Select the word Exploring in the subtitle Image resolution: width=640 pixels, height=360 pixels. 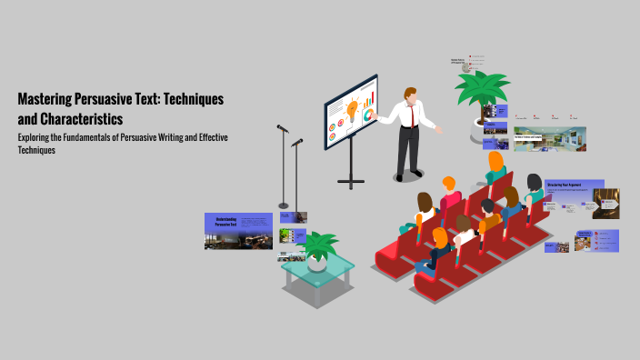click(37, 137)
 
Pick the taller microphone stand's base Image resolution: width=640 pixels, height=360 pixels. click(284, 205)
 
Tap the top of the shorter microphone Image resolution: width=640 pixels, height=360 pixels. click(296, 142)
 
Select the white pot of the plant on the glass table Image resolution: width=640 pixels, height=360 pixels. click(317, 263)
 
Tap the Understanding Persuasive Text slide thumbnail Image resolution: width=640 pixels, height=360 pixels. click(238, 231)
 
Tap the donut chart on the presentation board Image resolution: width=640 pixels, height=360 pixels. click(368, 115)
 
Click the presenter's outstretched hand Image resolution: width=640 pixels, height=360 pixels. click(438, 130)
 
